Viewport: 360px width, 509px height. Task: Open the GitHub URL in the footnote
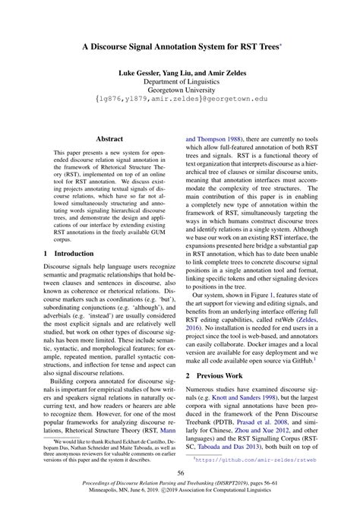(x=252, y=460)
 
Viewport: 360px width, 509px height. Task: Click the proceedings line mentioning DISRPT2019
(x=180, y=485)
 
